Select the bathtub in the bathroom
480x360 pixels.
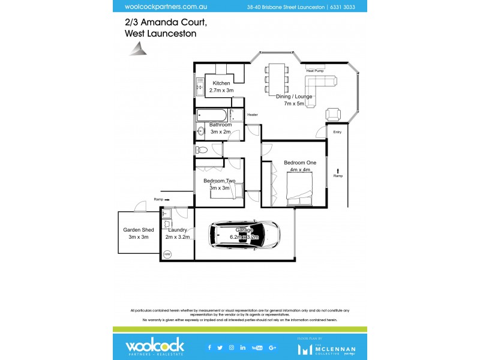point(211,115)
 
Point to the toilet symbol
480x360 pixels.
point(202,149)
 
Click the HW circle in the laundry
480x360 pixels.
point(167,254)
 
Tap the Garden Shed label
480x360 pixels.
point(139,230)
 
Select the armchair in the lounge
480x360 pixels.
point(333,113)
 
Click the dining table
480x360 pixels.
point(277,78)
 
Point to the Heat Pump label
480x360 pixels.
point(315,71)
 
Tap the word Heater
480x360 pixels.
point(252,115)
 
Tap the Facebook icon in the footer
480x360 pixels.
point(209,347)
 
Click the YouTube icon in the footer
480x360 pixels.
point(257,347)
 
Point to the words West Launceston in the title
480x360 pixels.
point(160,34)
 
